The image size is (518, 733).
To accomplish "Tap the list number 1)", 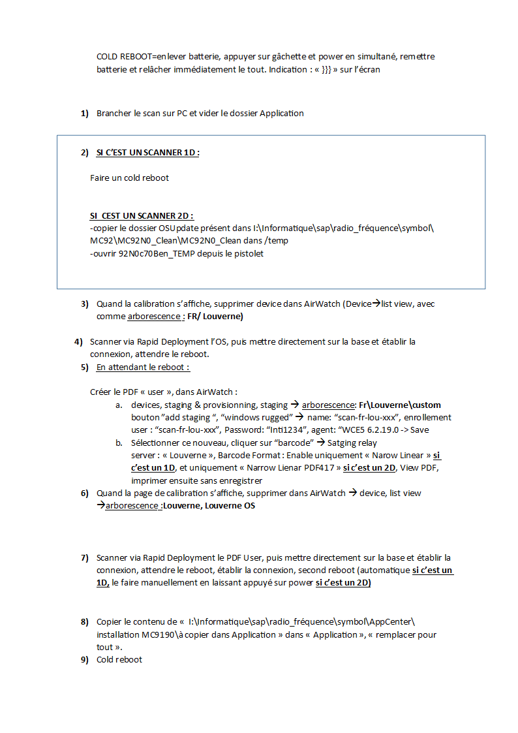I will point(84,114).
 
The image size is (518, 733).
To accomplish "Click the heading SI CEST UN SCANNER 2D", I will point(142,215).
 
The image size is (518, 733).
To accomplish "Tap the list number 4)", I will point(78,341).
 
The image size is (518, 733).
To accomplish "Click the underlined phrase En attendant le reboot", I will point(143,367).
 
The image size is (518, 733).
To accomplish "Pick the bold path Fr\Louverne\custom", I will point(399,405).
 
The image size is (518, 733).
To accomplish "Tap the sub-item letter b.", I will point(119,443).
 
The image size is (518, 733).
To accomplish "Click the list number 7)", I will point(84,557).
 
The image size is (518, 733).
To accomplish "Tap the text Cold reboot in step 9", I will point(119,660).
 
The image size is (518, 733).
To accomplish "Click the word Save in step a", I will point(419,430).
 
